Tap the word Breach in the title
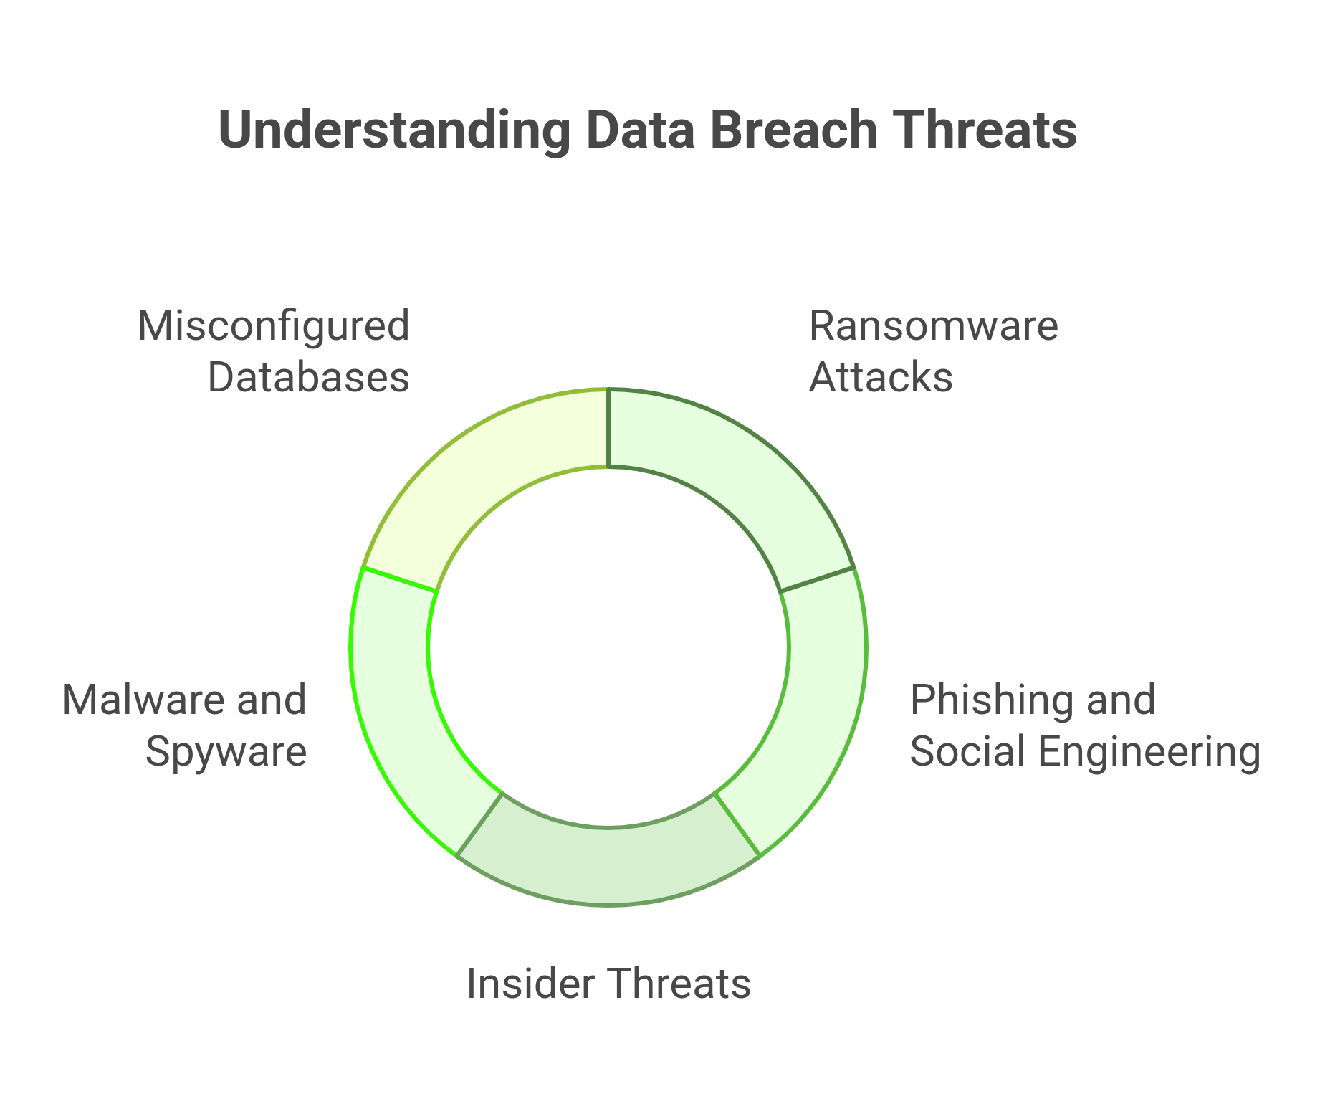794,130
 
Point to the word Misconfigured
273,325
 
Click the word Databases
308,377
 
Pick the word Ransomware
933,325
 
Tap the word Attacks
881,377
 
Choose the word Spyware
226,752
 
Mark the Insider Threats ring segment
608,864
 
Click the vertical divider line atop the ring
608,428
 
